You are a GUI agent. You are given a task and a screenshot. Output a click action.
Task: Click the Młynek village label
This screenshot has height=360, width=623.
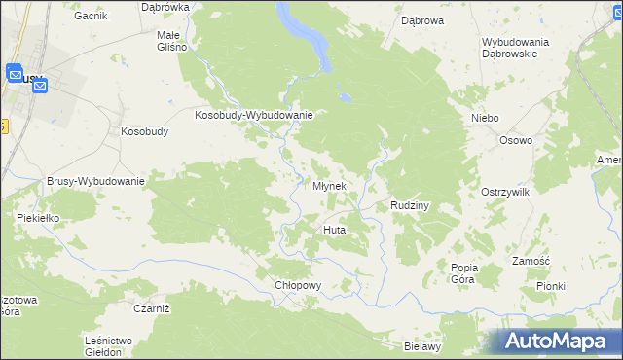click(x=329, y=186)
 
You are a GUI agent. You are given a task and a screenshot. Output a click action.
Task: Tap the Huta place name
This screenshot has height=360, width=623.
click(x=334, y=230)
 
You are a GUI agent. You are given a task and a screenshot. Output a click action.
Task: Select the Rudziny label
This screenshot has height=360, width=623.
click(x=410, y=206)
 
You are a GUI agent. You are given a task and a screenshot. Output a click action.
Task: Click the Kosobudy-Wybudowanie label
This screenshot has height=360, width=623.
click(x=253, y=115)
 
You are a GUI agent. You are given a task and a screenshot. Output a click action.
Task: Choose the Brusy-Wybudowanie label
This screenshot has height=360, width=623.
click(x=95, y=181)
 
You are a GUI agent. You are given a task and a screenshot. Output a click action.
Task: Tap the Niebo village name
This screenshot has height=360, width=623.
click(x=485, y=118)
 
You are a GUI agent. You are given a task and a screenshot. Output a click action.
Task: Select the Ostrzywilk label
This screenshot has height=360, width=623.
click(x=504, y=193)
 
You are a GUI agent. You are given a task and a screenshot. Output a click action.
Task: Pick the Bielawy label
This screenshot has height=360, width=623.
click(x=423, y=346)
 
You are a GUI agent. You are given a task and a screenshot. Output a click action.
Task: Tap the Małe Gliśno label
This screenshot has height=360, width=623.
click(x=175, y=40)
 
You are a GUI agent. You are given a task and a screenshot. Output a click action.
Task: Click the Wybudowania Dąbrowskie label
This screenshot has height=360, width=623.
click(x=515, y=48)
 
